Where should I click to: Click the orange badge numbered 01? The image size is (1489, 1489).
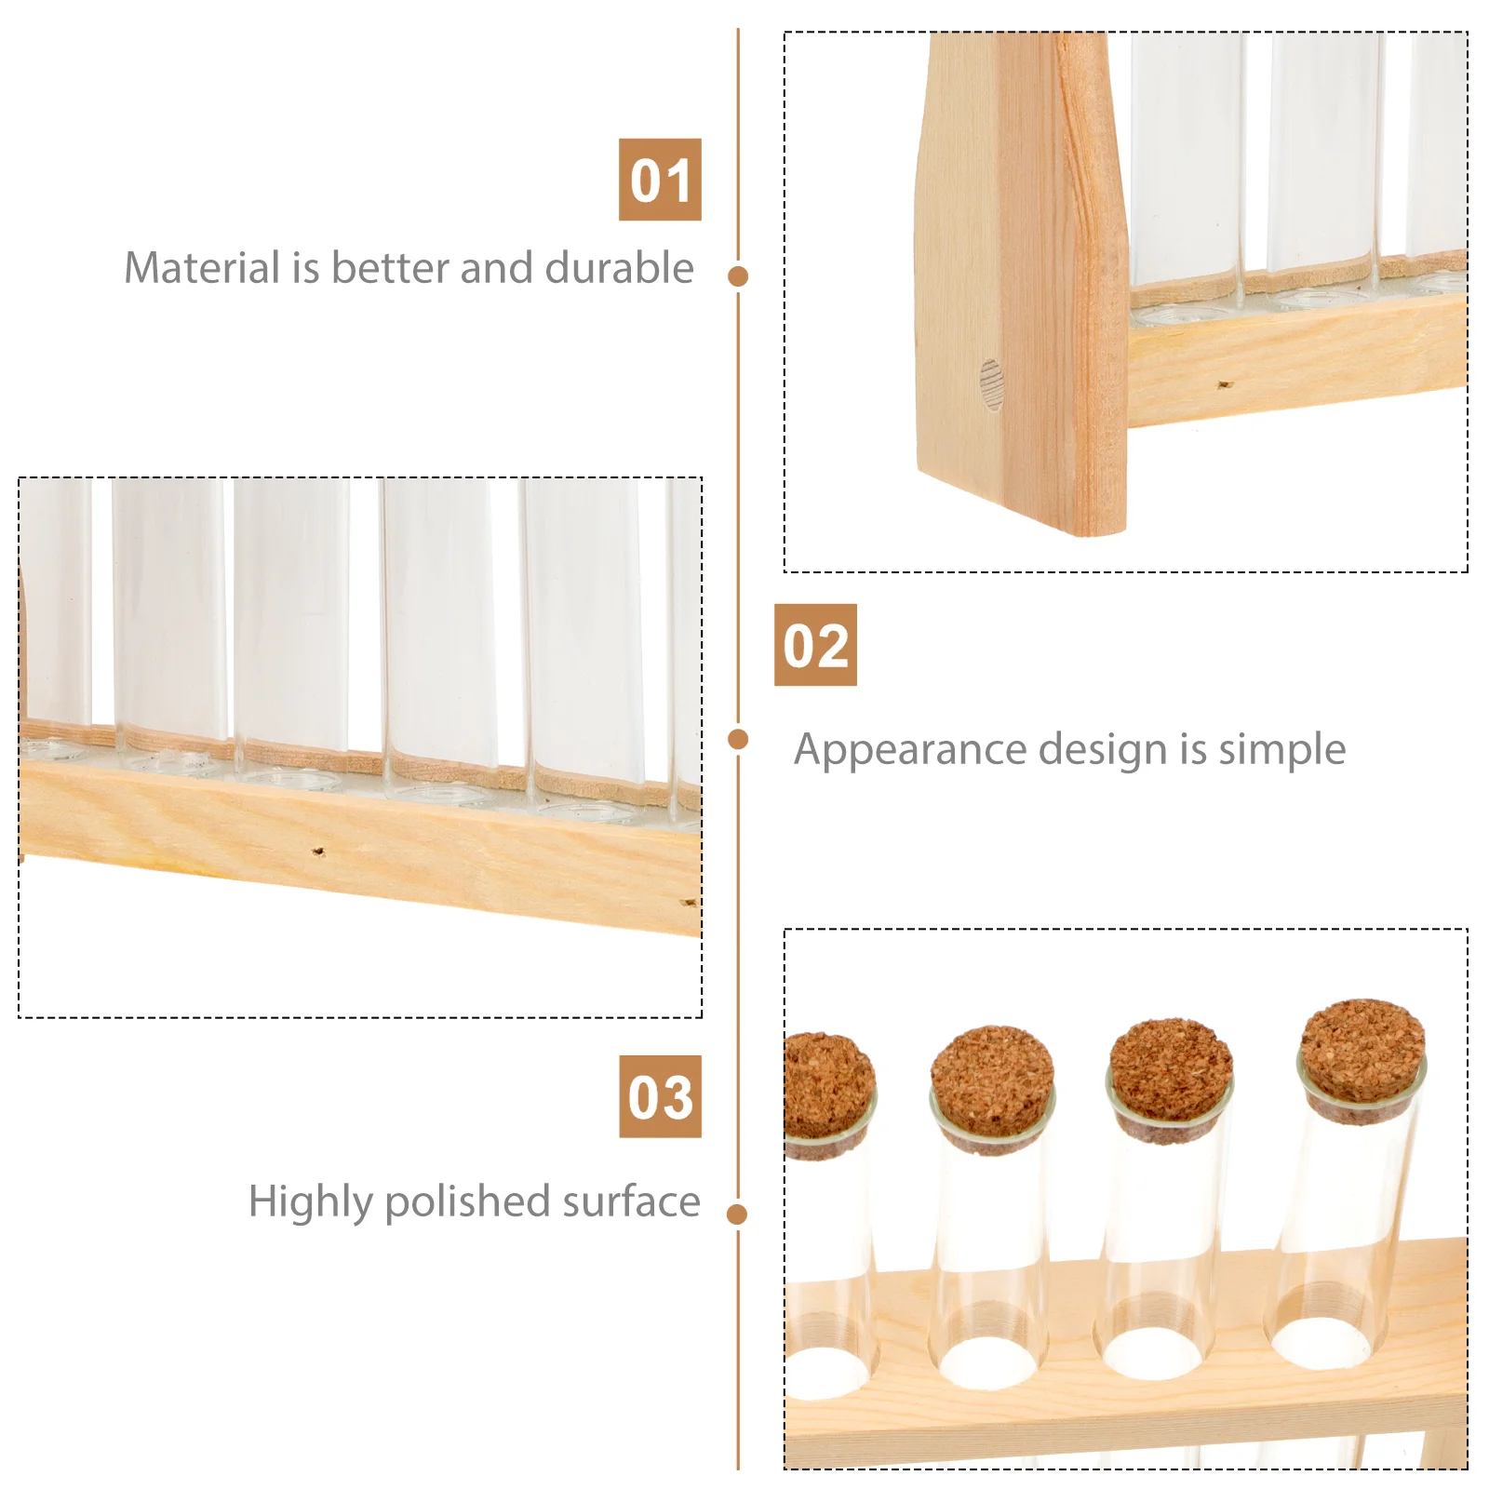click(x=660, y=180)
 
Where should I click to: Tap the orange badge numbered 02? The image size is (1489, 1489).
click(x=815, y=645)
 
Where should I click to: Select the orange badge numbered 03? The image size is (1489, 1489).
click(x=660, y=1096)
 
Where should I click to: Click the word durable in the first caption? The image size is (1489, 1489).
click(x=619, y=268)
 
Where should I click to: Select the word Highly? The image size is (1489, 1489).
click(x=311, y=1202)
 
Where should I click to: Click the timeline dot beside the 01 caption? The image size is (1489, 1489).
click(x=738, y=276)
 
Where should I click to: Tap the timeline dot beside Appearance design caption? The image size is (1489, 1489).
click(x=738, y=740)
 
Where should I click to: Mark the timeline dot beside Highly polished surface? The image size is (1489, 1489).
click(x=738, y=1214)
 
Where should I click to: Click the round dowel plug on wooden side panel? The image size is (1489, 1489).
click(x=991, y=384)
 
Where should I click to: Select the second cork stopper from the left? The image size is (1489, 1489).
click(x=992, y=1084)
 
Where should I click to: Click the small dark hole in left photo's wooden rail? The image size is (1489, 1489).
click(x=318, y=851)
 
